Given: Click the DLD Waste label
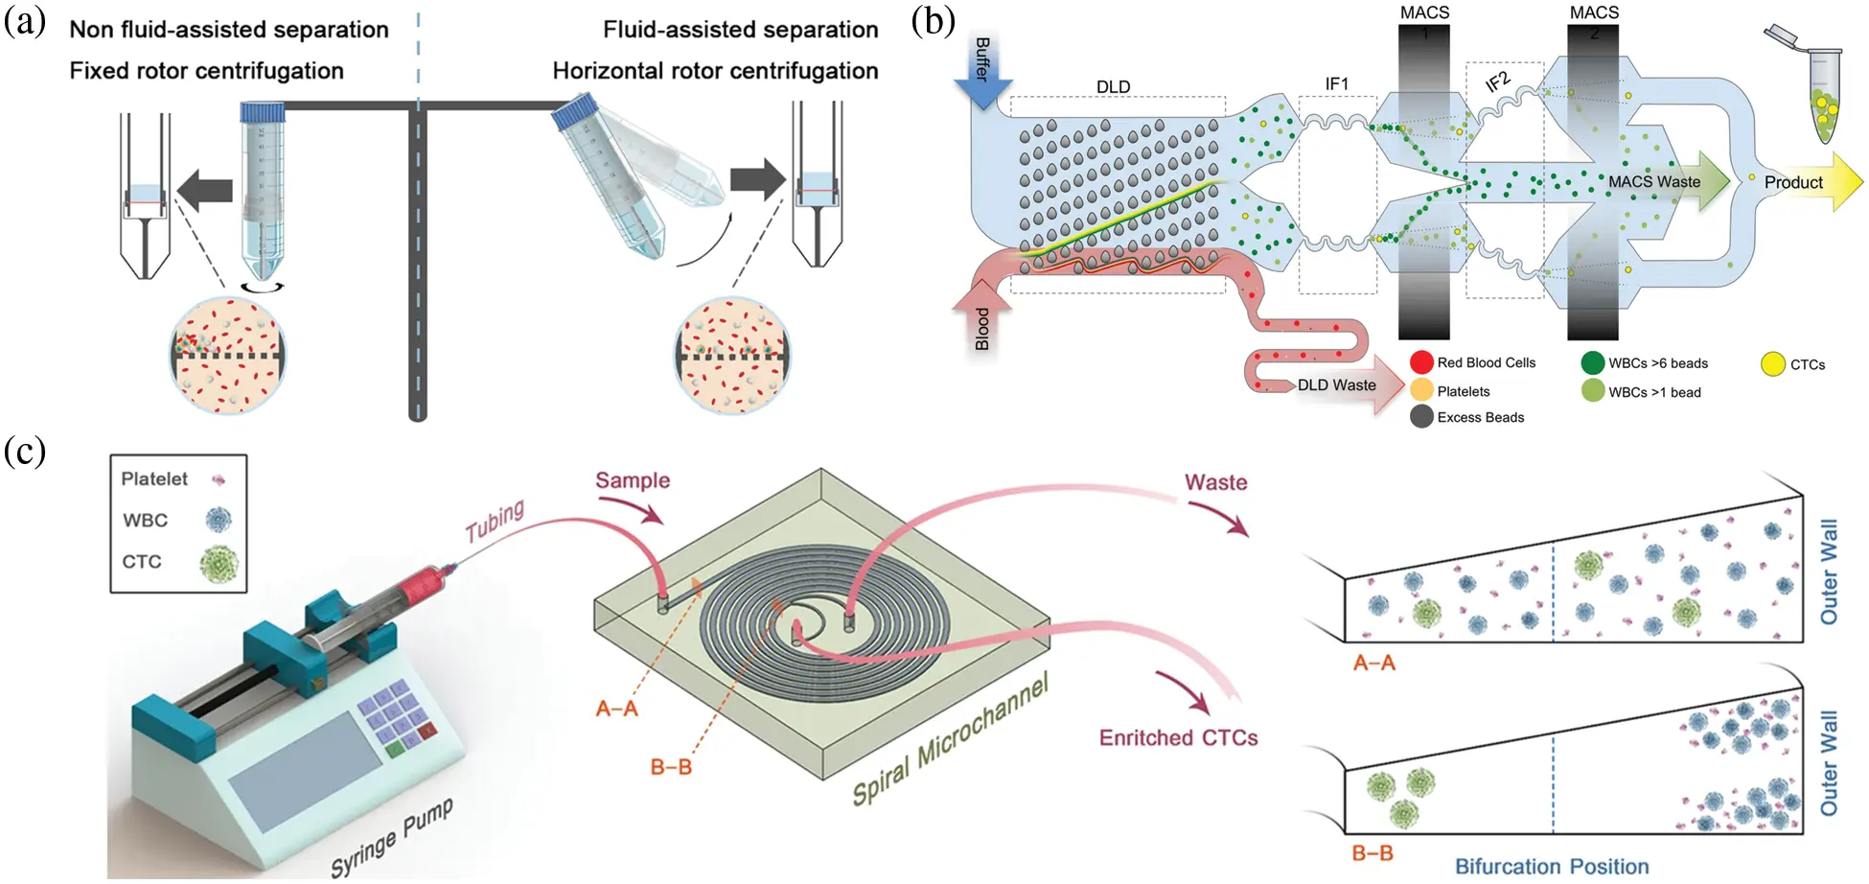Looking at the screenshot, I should tap(1336, 385).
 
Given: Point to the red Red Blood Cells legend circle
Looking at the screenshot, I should tap(1421, 362).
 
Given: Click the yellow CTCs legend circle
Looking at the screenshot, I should tap(1773, 364).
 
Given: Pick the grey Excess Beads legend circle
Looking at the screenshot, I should tap(1421, 417).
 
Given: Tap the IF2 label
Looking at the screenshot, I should tap(1498, 82).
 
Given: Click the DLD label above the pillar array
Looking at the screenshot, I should tap(1113, 86).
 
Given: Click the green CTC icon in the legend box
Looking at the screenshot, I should tap(219, 563).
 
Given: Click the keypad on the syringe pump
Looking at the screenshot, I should tap(395, 719).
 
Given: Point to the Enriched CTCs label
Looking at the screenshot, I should tap(1178, 737).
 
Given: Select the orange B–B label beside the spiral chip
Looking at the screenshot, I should tap(670, 767).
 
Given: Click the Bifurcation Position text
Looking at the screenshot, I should tap(1551, 866).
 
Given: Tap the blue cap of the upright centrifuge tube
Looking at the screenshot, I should tap(263, 112).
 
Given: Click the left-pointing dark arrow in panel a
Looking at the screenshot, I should tap(206, 189).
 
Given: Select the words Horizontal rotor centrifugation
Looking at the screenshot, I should tap(715, 71).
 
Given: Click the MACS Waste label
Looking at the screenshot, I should tap(1653, 182).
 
